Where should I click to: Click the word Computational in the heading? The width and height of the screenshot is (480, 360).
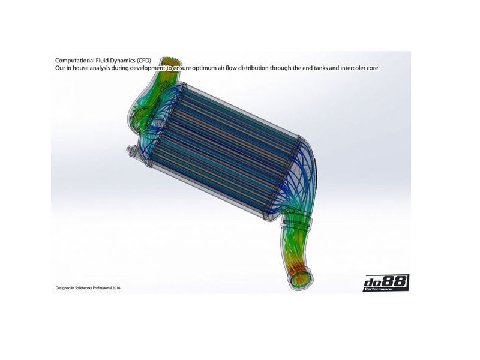74,61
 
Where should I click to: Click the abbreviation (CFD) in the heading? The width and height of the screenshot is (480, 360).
144,61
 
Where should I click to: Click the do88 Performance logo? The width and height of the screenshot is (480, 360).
386,283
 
